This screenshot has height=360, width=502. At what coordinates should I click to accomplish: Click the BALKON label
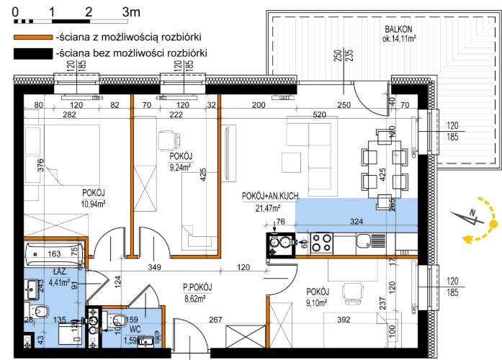(x=398, y=29)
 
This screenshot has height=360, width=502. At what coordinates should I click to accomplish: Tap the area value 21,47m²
(x=268, y=208)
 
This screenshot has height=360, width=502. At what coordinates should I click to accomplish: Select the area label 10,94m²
(x=94, y=204)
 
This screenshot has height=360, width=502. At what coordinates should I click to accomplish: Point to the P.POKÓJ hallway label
(x=197, y=287)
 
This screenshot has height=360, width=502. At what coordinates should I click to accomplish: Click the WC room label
(x=135, y=329)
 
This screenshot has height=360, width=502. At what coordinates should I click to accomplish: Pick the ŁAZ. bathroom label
(x=60, y=272)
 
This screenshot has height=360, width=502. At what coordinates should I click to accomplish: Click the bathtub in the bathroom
(x=55, y=254)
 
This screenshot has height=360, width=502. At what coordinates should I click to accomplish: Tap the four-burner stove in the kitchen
(x=322, y=243)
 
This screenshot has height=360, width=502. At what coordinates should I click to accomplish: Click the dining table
(x=385, y=169)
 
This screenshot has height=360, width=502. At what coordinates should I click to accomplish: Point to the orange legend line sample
(x=33, y=37)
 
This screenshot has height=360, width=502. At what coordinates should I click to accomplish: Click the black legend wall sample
(x=33, y=53)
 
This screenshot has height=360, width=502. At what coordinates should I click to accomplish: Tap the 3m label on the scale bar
(x=131, y=12)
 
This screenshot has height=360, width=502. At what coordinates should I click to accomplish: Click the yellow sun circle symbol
(x=493, y=224)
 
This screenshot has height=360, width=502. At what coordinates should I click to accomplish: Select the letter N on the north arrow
(x=472, y=212)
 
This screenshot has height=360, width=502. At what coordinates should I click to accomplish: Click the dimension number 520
(x=320, y=114)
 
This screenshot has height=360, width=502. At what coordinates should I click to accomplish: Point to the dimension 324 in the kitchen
(x=357, y=221)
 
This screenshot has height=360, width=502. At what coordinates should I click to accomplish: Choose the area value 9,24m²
(x=181, y=167)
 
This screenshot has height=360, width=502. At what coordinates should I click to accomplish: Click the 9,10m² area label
(x=317, y=302)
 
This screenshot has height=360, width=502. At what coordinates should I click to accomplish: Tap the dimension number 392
(x=344, y=320)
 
